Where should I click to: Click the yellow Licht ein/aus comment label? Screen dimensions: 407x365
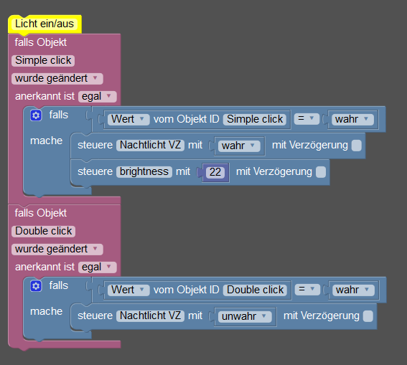point(45,24)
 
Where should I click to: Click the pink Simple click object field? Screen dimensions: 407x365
point(43,60)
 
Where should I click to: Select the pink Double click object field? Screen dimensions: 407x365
point(43,231)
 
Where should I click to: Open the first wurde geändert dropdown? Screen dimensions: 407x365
point(57,79)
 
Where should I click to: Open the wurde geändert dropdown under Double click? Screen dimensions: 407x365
point(57,249)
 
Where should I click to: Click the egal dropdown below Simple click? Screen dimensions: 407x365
point(98,96)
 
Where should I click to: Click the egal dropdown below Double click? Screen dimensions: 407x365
point(98,267)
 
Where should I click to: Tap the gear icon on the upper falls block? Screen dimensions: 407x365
point(36,115)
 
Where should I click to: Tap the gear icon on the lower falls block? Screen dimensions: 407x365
point(36,286)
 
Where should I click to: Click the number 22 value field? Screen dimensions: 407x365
point(215,172)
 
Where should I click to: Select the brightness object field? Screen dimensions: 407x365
point(144,171)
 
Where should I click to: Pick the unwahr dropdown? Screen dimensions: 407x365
point(245,316)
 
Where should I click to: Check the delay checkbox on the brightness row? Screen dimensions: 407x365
point(321,172)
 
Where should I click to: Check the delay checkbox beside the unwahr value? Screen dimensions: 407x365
point(368,316)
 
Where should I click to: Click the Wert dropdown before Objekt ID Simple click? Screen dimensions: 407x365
point(128,120)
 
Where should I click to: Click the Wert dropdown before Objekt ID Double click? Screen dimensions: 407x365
point(128,290)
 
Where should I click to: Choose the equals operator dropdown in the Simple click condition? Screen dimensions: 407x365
point(307,119)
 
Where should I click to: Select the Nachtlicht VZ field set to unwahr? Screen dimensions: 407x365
point(150,316)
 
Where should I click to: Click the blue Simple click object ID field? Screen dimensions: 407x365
point(255,120)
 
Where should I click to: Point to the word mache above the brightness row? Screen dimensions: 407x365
point(46,141)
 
